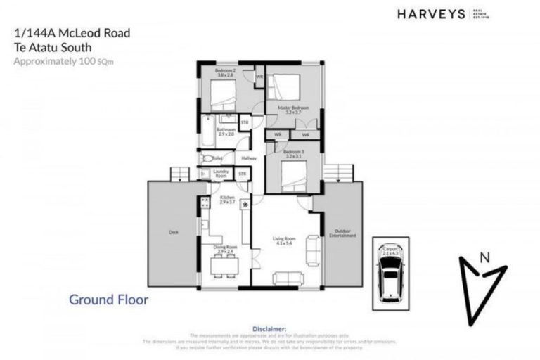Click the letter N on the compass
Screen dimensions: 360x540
[484, 258]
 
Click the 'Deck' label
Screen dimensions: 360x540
[173, 231]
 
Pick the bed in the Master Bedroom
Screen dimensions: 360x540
[285, 86]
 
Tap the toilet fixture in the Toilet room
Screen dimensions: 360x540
[208, 159]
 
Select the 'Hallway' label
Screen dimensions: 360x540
[248, 158]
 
